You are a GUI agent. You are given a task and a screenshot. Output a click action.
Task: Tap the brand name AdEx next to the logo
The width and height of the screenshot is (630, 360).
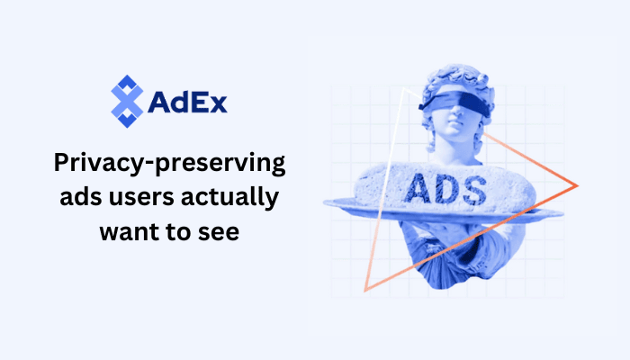point(187,101)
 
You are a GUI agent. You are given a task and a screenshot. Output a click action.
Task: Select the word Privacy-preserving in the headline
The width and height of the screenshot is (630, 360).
point(170,165)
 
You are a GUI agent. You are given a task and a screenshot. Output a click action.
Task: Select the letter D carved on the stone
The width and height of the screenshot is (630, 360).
point(446,188)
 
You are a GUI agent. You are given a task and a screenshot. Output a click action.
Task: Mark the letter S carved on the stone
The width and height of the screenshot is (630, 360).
point(473,188)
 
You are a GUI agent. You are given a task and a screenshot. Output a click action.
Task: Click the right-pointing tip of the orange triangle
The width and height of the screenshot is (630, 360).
point(575,185)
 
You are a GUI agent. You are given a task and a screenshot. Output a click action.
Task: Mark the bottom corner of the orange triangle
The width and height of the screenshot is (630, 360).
point(364,291)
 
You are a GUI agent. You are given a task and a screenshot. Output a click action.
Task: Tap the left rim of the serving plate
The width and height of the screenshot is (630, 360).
point(331,204)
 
